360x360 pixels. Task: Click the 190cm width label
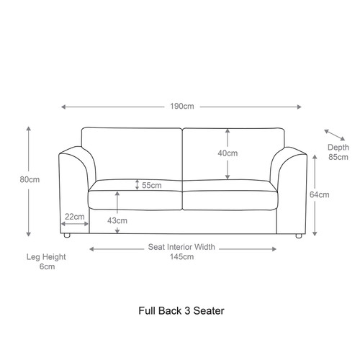pos(182,107)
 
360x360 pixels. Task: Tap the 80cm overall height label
pos(30,179)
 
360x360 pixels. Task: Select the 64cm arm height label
pos(319,194)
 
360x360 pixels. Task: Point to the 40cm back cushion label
pos(228,153)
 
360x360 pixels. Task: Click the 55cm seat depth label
pos(152,185)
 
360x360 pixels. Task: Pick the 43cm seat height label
pos(117,220)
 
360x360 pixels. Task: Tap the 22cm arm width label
pos(75,217)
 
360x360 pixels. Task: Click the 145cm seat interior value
pos(181,257)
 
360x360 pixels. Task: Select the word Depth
pos(338,148)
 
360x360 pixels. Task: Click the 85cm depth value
pos(338,157)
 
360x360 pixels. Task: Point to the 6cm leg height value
pos(47,266)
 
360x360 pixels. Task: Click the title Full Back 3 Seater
pos(181,311)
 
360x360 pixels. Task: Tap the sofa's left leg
pos(67,235)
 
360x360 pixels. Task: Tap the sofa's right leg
pos(299,236)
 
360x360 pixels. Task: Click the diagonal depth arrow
pos(334,135)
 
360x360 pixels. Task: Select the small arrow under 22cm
pos(75,224)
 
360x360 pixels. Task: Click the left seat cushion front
pos(135,200)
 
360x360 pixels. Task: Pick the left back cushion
pos(132,154)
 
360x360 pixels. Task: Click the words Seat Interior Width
pos(181,247)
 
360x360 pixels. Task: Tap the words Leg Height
pos(46,257)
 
